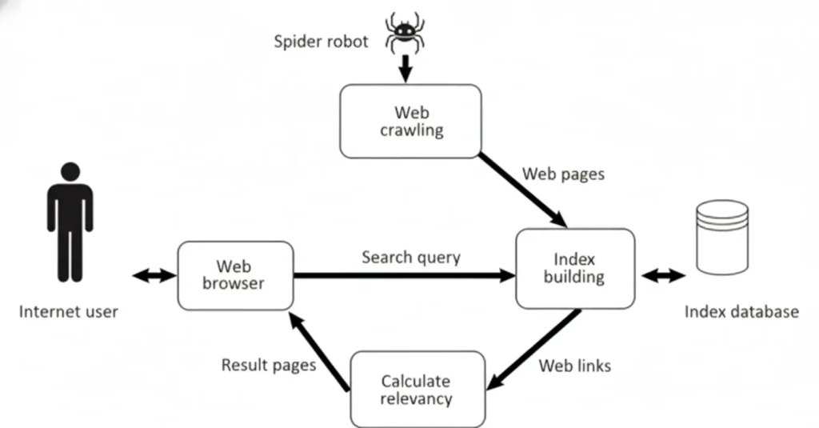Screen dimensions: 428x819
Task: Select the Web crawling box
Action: pyautogui.click(x=411, y=121)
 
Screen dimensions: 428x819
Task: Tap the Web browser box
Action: pyautogui.click(x=234, y=274)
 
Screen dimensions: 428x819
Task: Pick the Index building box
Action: pyautogui.click(x=574, y=269)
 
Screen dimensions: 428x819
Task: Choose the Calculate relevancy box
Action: pyautogui.click(x=417, y=390)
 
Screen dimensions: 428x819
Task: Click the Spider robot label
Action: pyautogui.click(x=321, y=41)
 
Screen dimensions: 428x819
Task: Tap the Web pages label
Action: pyautogui.click(x=563, y=174)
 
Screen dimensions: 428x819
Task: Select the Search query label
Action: pyautogui.click(x=410, y=257)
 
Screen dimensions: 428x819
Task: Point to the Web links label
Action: pyautogui.click(x=574, y=366)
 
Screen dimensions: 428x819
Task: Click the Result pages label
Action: pyautogui.click(x=268, y=365)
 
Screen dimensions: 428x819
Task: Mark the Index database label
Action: pyautogui.click(x=741, y=311)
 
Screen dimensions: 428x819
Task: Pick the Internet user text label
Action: pyautogui.click(x=68, y=311)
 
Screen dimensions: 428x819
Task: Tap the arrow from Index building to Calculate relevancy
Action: pyautogui.click(x=533, y=350)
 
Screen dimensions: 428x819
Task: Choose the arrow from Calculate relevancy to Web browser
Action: pyautogui.click(x=318, y=352)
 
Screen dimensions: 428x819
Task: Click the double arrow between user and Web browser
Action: pyautogui.click(x=153, y=275)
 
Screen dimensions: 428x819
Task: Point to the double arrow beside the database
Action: pyautogui.click(x=663, y=276)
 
